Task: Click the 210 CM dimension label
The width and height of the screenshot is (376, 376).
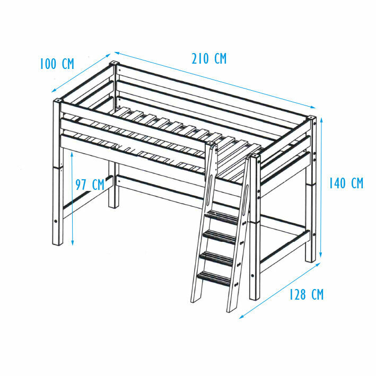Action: click(x=209, y=59)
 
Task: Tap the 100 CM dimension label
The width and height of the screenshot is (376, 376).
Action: click(x=57, y=64)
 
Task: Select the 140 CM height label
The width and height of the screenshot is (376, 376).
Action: click(x=346, y=183)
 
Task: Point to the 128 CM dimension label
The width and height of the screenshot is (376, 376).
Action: click(x=307, y=294)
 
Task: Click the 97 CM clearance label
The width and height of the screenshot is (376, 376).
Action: click(x=90, y=185)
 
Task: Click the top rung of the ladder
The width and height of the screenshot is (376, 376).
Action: click(x=222, y=217)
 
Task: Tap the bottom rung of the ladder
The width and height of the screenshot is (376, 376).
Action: click(x=213, y=278)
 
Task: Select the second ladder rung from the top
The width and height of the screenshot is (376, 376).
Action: click(x=219, y=237)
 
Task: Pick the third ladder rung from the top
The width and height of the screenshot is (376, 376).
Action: click(x=216, y=258)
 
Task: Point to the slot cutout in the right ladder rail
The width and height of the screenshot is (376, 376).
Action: click(x=246, y=200)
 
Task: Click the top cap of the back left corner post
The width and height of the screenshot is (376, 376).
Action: click(x=114, y=63)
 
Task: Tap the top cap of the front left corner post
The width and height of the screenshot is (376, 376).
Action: click(x=58, y=100)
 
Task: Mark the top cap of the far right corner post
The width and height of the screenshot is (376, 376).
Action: click(x=311, y=118)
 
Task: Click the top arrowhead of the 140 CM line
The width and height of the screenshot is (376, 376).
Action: click(x=321, y=119)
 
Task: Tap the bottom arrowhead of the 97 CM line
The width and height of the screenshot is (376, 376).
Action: click(x=73, y=243)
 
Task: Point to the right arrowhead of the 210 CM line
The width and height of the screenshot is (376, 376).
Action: click(x=313, y=107)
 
